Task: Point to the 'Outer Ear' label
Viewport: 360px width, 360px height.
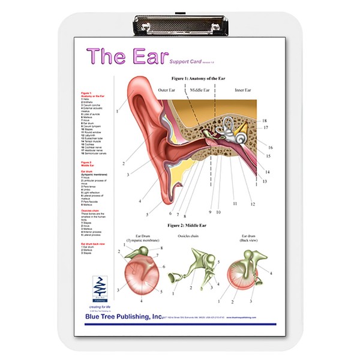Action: coord(167,91)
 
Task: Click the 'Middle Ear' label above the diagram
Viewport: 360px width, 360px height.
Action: coord(199,91)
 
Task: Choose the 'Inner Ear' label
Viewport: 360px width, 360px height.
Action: coord(243,91)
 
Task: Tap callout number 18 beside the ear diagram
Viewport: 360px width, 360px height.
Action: coord(264,121)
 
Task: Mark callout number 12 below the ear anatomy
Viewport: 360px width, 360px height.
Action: coord(253,205)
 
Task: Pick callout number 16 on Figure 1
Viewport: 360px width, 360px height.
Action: coord(270,147)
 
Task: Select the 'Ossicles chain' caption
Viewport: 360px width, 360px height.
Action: coord(190,236)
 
